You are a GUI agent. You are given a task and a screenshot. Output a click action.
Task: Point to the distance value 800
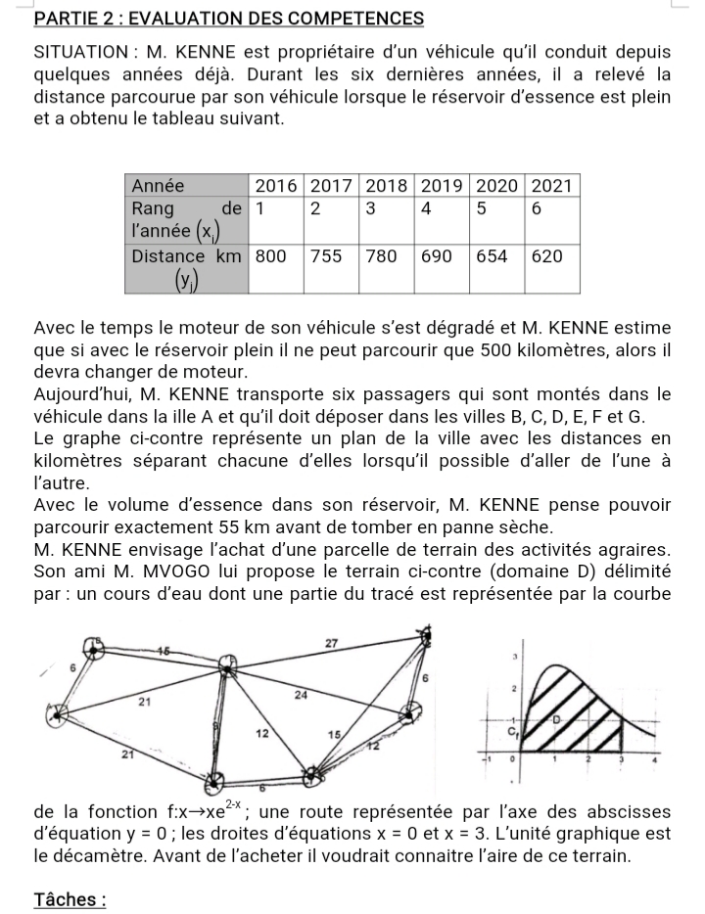coord(270,256)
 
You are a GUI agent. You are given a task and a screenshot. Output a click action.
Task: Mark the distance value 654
coord(493,256)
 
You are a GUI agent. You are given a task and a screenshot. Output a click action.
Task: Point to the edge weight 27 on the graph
coord(330,642)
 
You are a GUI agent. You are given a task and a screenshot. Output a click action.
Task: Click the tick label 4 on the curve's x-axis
coord(655,759)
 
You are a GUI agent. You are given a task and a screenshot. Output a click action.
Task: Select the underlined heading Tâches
coord(69,899)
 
